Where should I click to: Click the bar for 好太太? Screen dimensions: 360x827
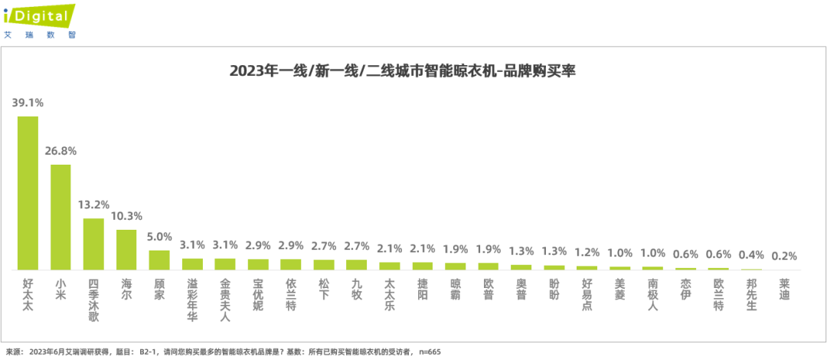tap(28, 193)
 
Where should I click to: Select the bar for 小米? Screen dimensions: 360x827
tap(60, 217)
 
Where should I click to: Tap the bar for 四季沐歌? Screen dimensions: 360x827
tap(93, 244)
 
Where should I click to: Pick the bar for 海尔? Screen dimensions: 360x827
tap(126, 250)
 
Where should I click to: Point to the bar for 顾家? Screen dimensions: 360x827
tap(159, 260)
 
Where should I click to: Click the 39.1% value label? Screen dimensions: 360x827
tap(28, 102)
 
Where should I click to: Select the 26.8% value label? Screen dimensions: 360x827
tap(60, 150)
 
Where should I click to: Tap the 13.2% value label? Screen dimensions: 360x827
tap(93, 205)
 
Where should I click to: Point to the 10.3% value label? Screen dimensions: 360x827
tap(126, 216)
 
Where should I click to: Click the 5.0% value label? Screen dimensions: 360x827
tap(159, 237)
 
